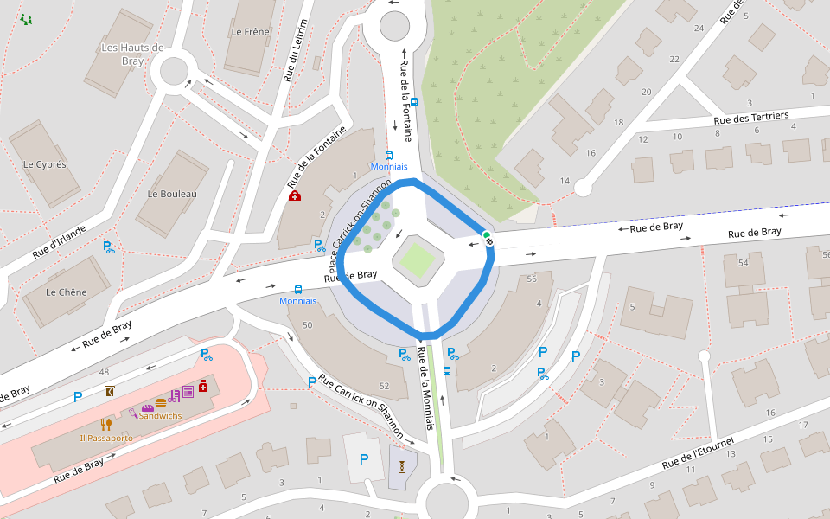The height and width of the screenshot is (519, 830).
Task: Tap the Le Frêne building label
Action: [250, 32]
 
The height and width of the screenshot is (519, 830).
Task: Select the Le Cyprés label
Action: [45, 164]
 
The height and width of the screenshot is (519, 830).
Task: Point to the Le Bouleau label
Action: [172, 194]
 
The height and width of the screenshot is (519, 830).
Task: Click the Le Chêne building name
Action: [67, 292]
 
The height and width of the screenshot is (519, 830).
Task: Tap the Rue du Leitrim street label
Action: [295, 51]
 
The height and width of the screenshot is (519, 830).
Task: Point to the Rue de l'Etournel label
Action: [698, 452]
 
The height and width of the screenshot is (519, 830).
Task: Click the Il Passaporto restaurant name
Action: [106, 438]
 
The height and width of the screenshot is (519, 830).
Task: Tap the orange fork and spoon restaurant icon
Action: [105, 424]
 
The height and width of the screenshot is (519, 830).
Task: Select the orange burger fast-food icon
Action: [161, 402]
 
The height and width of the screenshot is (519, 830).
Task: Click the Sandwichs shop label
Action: [161, 416]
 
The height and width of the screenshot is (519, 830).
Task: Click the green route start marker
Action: [487, 234]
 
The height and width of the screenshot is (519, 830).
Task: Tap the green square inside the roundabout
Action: [416, 259]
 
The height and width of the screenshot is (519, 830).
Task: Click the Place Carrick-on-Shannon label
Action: [362, 223]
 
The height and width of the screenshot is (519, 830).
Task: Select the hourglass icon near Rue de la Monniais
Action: [403, 466]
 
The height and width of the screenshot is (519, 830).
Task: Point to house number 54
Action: [743, 262]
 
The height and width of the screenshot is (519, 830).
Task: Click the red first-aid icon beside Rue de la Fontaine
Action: [295, 196]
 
